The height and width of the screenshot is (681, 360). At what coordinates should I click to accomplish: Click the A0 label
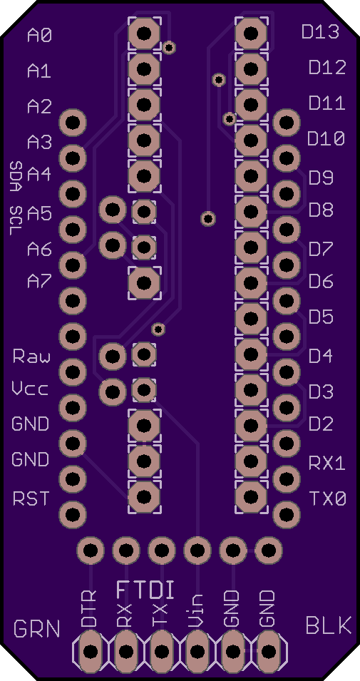(x=40, y=35)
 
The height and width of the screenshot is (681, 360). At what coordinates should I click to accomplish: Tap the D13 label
(x=320, y=31)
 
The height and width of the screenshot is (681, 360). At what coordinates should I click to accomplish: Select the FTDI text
(x=146, y=590)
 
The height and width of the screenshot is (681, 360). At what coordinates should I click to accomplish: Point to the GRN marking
(x=37, y=628)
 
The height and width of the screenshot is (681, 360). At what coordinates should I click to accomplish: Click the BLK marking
(x=329, y=626)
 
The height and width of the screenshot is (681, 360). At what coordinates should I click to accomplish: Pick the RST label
(x=31, y=498)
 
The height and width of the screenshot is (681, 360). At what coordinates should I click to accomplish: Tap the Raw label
(x=31, y=356)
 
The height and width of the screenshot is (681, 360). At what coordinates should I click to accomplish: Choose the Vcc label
(x=30, y=389)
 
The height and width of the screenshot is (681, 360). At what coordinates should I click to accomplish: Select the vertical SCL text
(x=16, y=218)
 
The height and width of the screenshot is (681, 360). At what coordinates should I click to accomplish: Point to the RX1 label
(x=327, y=463)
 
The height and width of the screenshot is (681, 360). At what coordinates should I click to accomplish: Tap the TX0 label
(x=328, y=498)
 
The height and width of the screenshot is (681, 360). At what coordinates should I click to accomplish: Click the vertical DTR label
(x=89, y=608)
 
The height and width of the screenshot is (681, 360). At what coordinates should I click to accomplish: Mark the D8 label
(x=321, y=210)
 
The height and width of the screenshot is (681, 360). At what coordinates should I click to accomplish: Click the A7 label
(x=40, y=282)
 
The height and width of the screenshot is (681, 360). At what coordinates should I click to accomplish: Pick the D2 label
(x=321, y=424)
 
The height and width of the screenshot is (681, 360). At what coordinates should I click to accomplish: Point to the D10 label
(x=326, y=139)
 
